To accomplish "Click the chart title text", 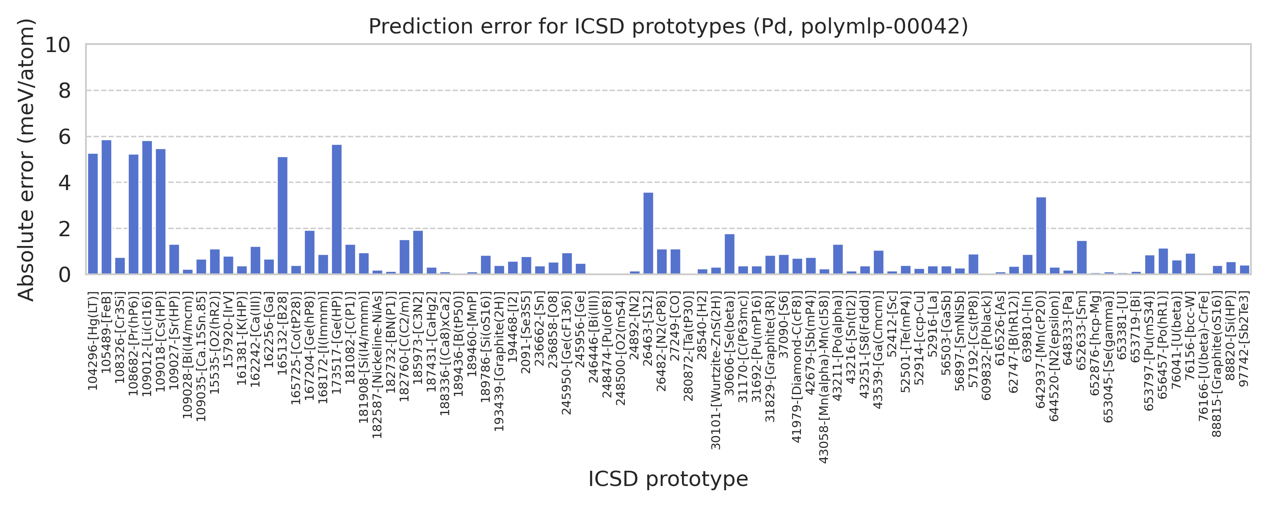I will coord(668,26).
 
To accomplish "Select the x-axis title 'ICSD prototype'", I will coord(668,479).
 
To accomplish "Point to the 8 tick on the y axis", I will coord(65,91).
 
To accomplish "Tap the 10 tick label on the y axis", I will coord(58,45).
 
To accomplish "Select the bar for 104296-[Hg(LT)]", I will coord(93,214).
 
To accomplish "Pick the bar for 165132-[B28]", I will coord(282,215).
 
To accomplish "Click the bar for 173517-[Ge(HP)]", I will coord(337,210).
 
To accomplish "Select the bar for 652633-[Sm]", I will coord(1082,257).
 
